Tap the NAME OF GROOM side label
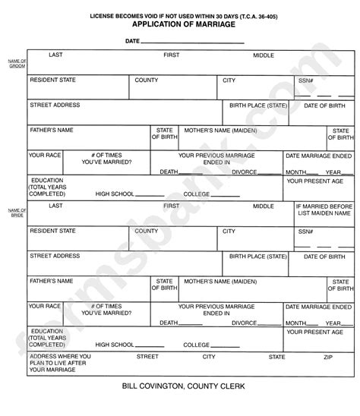(17, 63)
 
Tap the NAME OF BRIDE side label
(17, 213)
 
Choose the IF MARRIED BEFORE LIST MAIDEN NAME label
(324, 210)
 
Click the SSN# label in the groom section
(305, 80)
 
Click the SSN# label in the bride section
(305, 232)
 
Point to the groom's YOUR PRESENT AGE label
(315, 182)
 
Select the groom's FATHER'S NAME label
(52, 131)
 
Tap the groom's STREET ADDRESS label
(55, 106)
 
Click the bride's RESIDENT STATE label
(52, 231)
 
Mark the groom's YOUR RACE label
(45, 155)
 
